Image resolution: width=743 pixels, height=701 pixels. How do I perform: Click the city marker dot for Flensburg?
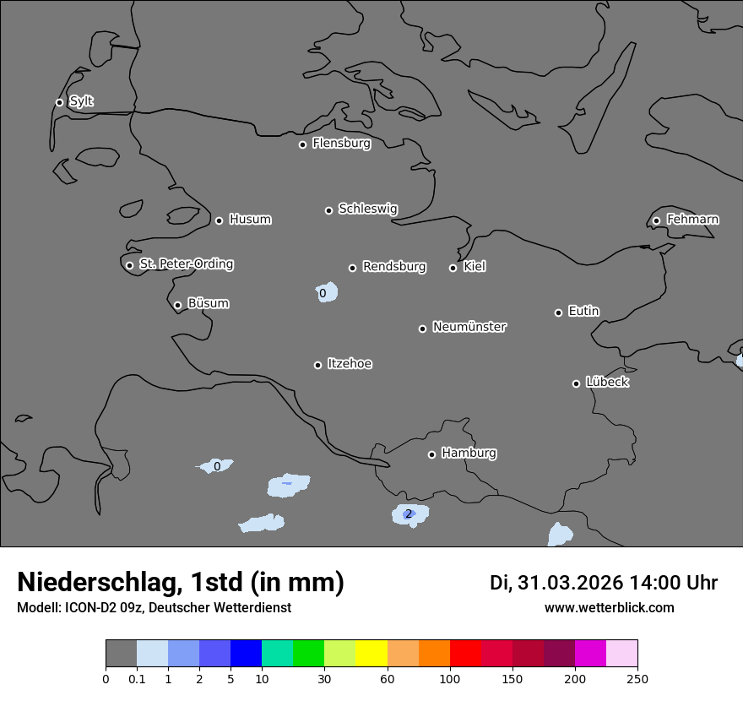(x=302, y=144)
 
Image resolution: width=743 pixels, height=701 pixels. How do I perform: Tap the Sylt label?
(x=81, y=101)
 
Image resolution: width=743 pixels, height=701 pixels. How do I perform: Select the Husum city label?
(x=250, y=220)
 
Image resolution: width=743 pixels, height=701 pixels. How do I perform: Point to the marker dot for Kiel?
(x=453, y=268)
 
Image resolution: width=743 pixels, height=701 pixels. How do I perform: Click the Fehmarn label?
(x=692, y=220)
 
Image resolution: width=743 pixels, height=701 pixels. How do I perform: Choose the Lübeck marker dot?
(x=576, y=383)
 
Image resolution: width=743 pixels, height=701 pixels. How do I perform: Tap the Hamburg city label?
(x=469, y=453)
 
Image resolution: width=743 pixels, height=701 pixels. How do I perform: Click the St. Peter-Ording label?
(x=186, y=264)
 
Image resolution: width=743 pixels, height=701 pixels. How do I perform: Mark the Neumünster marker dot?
(x=422, y=329)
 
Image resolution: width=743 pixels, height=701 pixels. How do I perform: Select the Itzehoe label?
(x=350, y=364)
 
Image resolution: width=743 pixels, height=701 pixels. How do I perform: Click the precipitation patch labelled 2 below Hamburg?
(x=409, y=514)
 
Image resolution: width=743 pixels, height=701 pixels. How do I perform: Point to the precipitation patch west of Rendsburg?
(x=324, y=292)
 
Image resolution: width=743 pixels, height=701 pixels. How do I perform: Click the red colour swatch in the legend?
(x=465, y=654)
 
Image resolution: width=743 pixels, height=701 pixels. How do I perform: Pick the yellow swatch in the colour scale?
(x=371, y=654)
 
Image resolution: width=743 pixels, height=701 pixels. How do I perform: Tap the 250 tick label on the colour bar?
(x=637, y=678)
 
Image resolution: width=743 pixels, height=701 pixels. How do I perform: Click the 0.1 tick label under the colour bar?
(x=137, y=678)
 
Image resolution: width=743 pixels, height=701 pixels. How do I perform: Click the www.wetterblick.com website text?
(x=609, y=607)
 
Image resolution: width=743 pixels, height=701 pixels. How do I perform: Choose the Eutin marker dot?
(x=558, y=312)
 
